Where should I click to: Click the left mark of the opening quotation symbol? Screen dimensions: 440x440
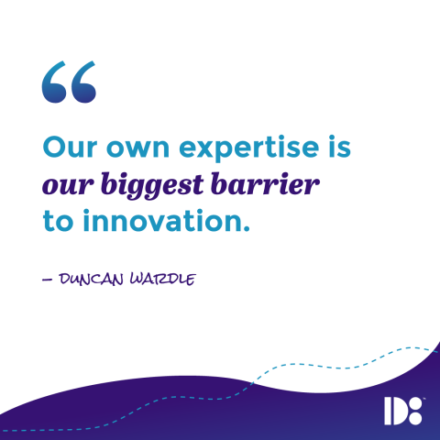pos(54,83)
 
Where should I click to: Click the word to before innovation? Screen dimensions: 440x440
pos(56,221)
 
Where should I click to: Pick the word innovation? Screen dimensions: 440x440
pos(155,221)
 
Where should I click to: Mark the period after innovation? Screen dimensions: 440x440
pos(246,227)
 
